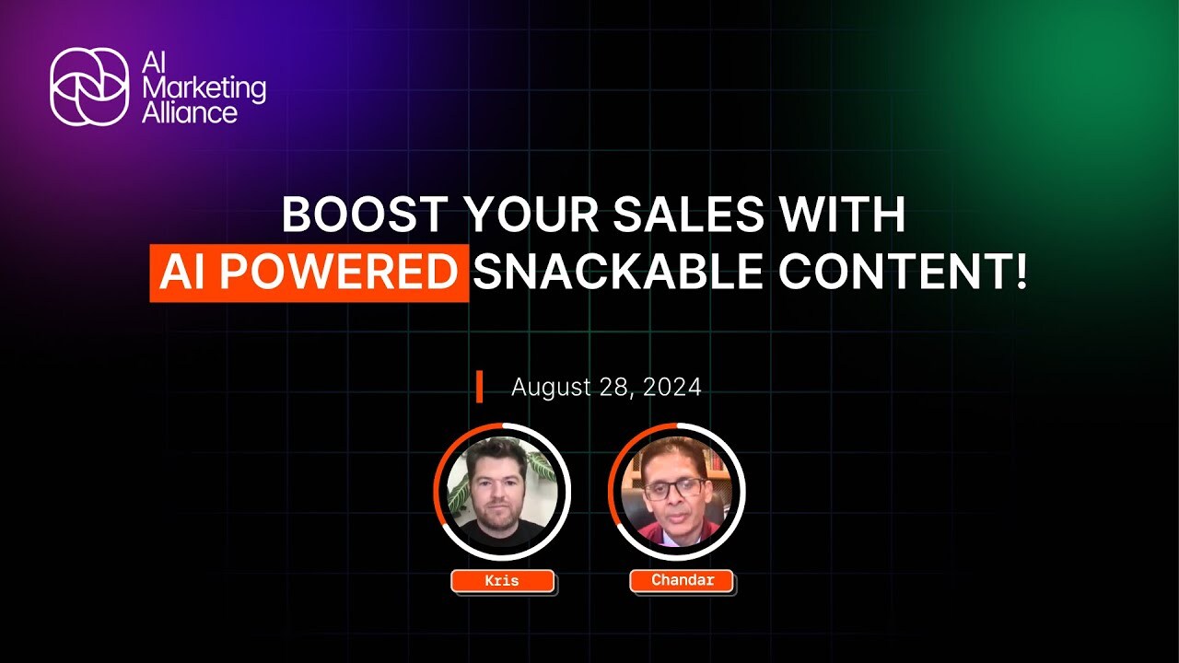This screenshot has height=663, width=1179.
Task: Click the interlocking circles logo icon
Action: coord(89,87)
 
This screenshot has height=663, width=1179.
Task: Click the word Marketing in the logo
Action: coord(204,89)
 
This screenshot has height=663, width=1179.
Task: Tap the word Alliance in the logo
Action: coord(190,112)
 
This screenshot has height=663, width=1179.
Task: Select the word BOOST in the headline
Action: coord(366,215)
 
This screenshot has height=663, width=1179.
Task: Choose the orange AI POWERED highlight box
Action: coord(309,273)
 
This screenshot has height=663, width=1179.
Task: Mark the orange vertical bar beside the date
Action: coord(479,388)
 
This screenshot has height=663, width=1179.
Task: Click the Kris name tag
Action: coord(503,581)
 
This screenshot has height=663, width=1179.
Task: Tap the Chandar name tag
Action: coord(683,581)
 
